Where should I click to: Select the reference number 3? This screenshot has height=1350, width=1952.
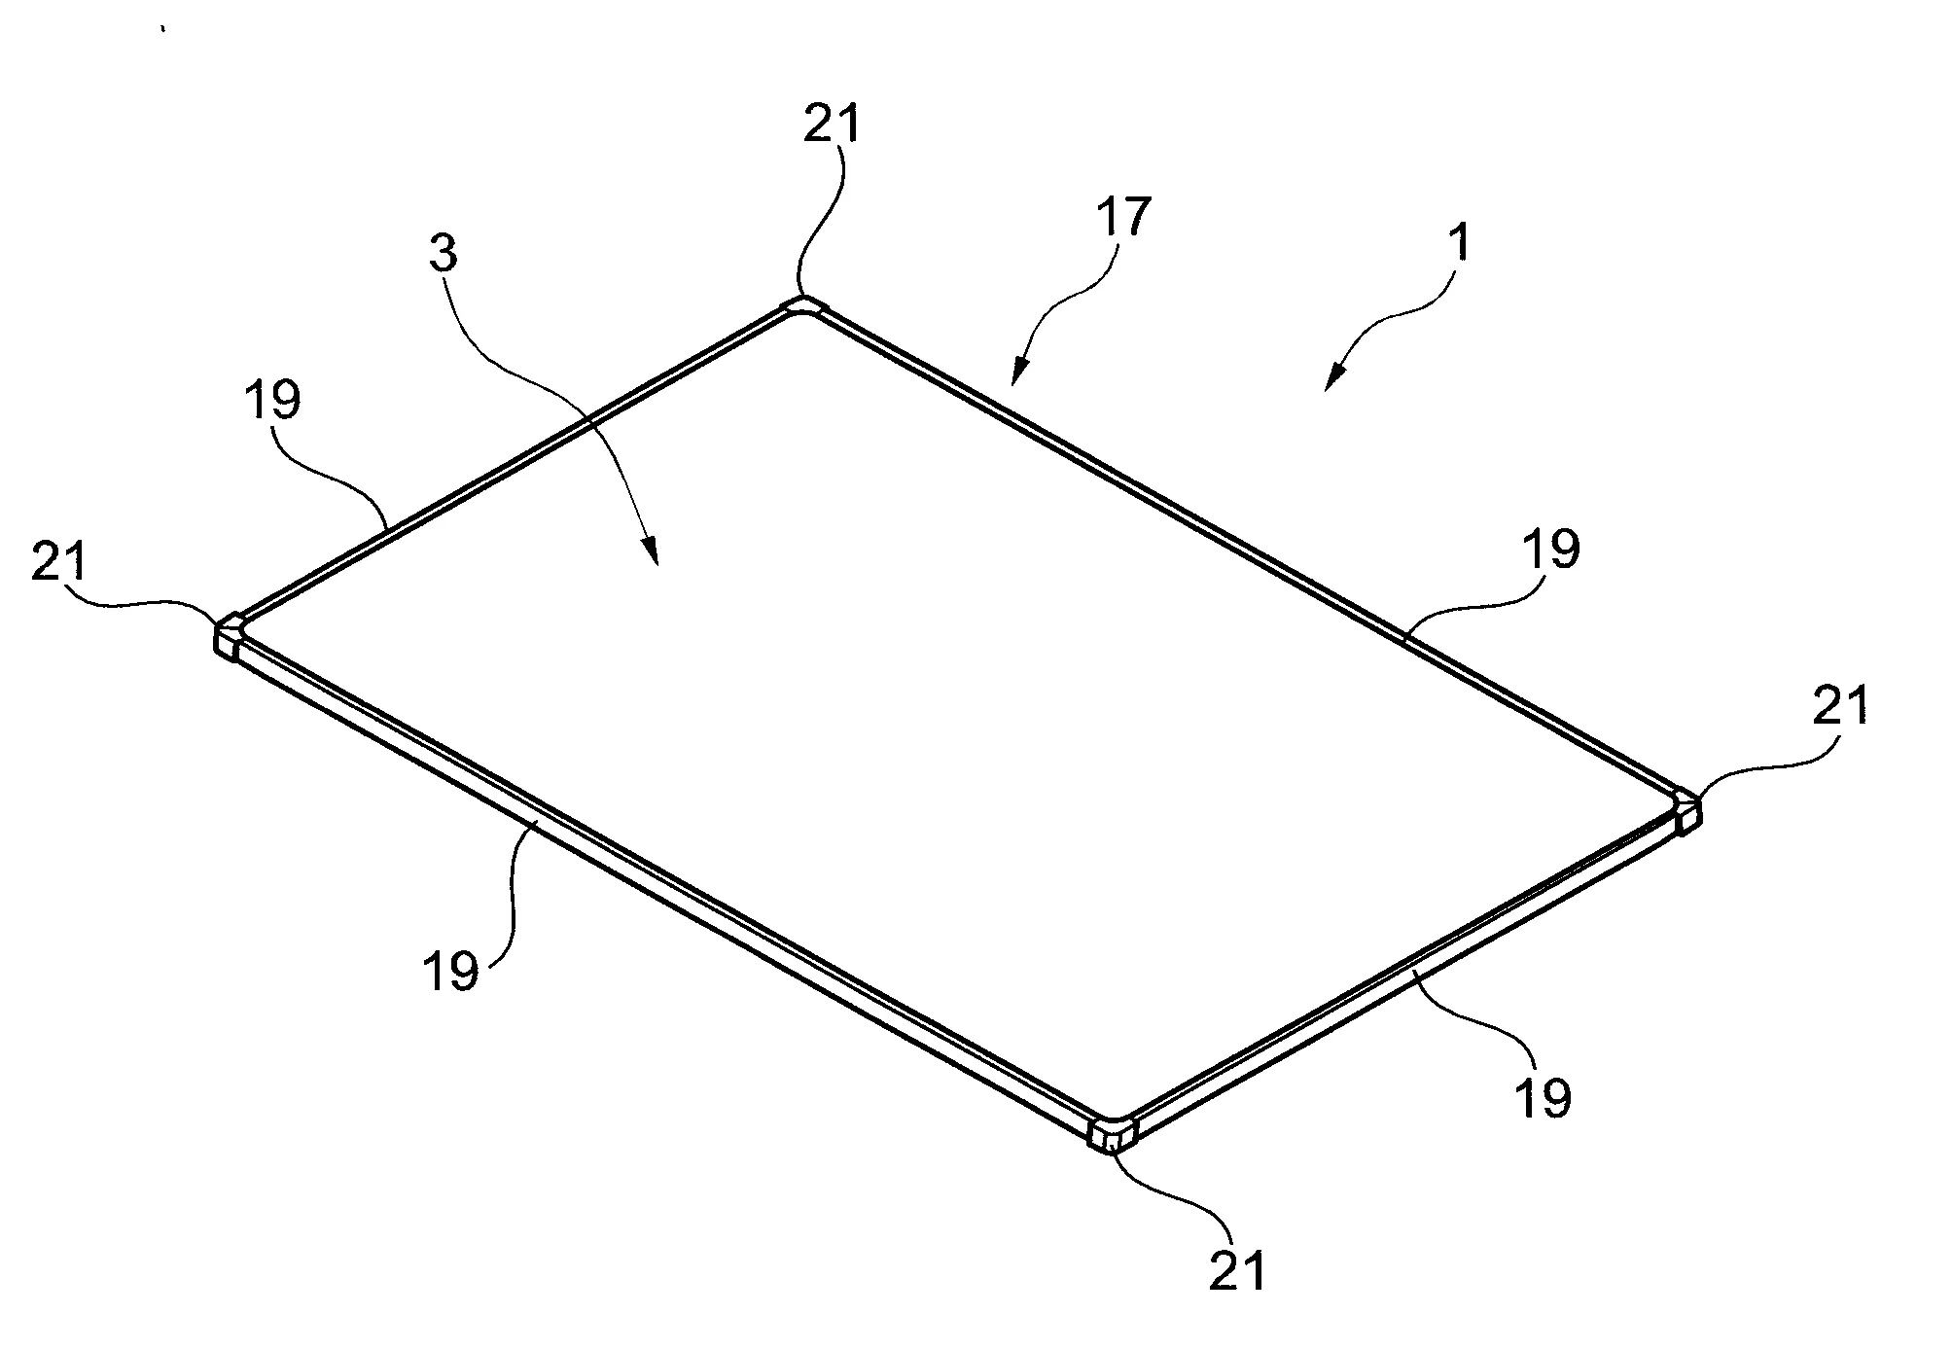click(x=442, y=255)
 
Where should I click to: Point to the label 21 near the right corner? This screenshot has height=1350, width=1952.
click(x=1840, y=705)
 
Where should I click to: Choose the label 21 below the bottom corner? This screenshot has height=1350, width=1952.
click(x=1238, y=1268)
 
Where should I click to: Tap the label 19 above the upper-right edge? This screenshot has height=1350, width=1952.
click(x=1551, y=550)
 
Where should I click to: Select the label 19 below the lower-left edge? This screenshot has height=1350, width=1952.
click(x=452, y=970)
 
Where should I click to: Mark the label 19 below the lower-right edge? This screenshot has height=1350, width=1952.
click(x=1544, y=1096)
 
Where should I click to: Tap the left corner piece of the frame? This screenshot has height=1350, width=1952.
click(x=230, y=636)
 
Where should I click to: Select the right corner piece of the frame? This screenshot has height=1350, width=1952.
click(x=1687, y=812)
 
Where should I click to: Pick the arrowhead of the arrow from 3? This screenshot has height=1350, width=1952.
click(x=653, y=554)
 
